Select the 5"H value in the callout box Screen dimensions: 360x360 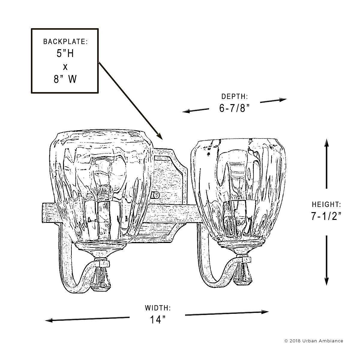[x=65, y=54]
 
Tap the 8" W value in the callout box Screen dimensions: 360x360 [x=65, y=79]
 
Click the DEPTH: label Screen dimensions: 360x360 [x=235, y=97]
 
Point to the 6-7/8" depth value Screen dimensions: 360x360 [x=235, y=108]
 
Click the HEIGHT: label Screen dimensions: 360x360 [x=326, y=205]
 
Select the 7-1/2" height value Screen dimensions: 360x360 [x=326, y=216]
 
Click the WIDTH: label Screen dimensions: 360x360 [x=158, y=308]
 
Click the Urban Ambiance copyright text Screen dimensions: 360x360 [x=313, y=341]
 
